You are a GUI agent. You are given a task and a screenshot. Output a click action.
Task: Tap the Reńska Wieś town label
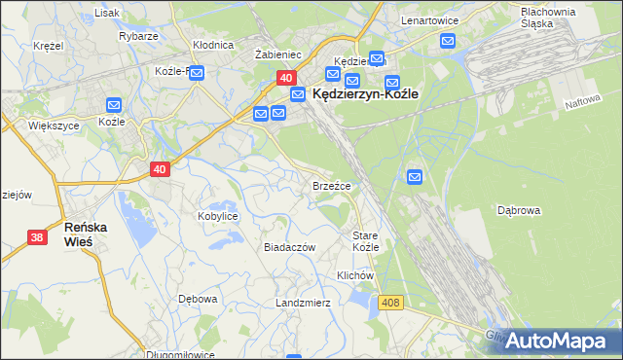point(91,234)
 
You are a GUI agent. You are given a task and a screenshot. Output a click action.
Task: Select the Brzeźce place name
point(331,185)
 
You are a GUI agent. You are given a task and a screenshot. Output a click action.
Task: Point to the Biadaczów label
point(290,247)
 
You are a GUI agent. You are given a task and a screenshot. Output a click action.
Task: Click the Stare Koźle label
point(365,241)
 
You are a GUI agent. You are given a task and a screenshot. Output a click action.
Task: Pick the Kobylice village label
point(218,216)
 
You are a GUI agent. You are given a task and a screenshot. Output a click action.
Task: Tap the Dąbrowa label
point(519,209)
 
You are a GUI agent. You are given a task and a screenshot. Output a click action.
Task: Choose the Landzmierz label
point(303,303)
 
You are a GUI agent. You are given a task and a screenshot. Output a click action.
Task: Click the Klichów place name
point(355,275)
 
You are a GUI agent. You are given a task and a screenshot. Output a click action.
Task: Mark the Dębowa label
point(197,299)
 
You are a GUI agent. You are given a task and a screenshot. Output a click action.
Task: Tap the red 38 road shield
point(37,237)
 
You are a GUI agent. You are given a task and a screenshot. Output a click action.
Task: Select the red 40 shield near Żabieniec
point(285,77)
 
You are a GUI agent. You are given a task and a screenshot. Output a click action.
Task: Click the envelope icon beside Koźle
point(114,105)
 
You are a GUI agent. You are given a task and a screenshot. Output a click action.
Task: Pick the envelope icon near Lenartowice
point(448,41)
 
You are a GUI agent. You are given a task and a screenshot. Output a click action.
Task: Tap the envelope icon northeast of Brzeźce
point(415,177)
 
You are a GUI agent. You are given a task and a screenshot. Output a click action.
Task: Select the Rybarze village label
point(139,36)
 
